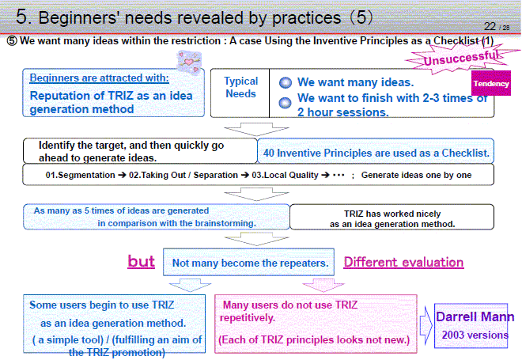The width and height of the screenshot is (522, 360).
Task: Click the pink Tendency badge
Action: [x=491, y=83]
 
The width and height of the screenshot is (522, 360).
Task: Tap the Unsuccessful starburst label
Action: [x=461, y=59]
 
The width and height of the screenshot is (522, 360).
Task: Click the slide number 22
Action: [x=490, y=26]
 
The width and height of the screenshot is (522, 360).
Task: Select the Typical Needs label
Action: [x=241, y=87]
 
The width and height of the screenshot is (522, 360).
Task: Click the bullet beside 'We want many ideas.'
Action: [x=286, y=82]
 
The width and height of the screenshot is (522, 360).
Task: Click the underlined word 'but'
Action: [x=141, y=261]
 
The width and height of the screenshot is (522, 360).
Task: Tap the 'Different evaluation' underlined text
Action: [x=403, y=262]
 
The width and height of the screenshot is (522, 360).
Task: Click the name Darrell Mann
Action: [x=475, y=316]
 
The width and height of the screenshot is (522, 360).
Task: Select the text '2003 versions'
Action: [x=475, y=335]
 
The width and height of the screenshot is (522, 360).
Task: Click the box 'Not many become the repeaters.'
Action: [x=248, y=262]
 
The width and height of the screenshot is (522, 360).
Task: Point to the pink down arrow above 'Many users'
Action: [x=323, y=286]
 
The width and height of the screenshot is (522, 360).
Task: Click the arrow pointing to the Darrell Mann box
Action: [x=426, y=325]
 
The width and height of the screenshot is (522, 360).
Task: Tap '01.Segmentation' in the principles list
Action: [x=80, y=175]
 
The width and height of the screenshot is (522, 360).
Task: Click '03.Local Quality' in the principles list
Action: [x=285, y=175]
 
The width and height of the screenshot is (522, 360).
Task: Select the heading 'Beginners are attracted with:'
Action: [x=99, y=78]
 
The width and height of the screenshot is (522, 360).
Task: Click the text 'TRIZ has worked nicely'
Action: [x=392, y=214]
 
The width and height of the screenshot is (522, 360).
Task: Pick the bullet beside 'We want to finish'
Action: [x=285, y=103]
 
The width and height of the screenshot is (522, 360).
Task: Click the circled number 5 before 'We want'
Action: [x=12, y=41]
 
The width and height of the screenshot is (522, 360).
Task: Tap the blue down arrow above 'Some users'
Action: [x=190, y=286]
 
